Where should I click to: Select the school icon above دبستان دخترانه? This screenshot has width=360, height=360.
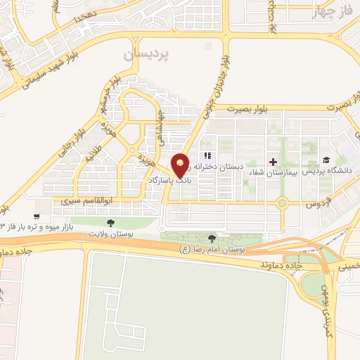tap(207, 155)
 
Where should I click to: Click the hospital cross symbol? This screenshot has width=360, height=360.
tap(274, 161)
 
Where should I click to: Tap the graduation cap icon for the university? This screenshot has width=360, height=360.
tap(325, 160)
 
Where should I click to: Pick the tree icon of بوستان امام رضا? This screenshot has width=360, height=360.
tap(212, 240)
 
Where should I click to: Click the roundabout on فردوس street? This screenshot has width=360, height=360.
tap(283, 204)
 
